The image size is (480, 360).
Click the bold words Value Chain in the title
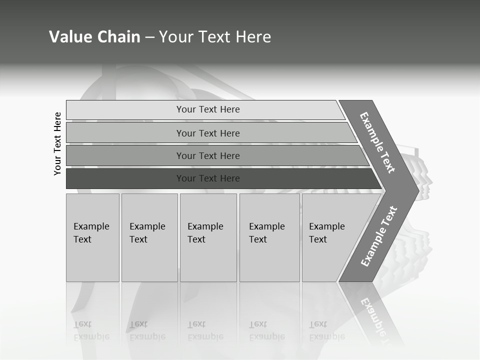coord(94,36)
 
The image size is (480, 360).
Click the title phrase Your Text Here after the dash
coord(215,36)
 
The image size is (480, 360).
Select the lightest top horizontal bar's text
coord(208,109)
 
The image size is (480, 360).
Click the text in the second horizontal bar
coord(208,133)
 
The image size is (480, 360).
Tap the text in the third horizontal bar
coord(208,156)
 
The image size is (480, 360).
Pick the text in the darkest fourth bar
coord(208,178)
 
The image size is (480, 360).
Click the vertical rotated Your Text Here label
coord(57,143)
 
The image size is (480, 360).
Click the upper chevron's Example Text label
coord(377,142)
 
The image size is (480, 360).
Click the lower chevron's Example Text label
coord(379,236)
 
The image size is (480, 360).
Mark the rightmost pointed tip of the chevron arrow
coord(418,191)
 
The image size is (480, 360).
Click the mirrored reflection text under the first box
coord(91,330)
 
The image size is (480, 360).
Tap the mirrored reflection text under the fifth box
coord(327,330)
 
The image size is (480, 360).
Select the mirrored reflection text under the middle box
coord(205,330)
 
